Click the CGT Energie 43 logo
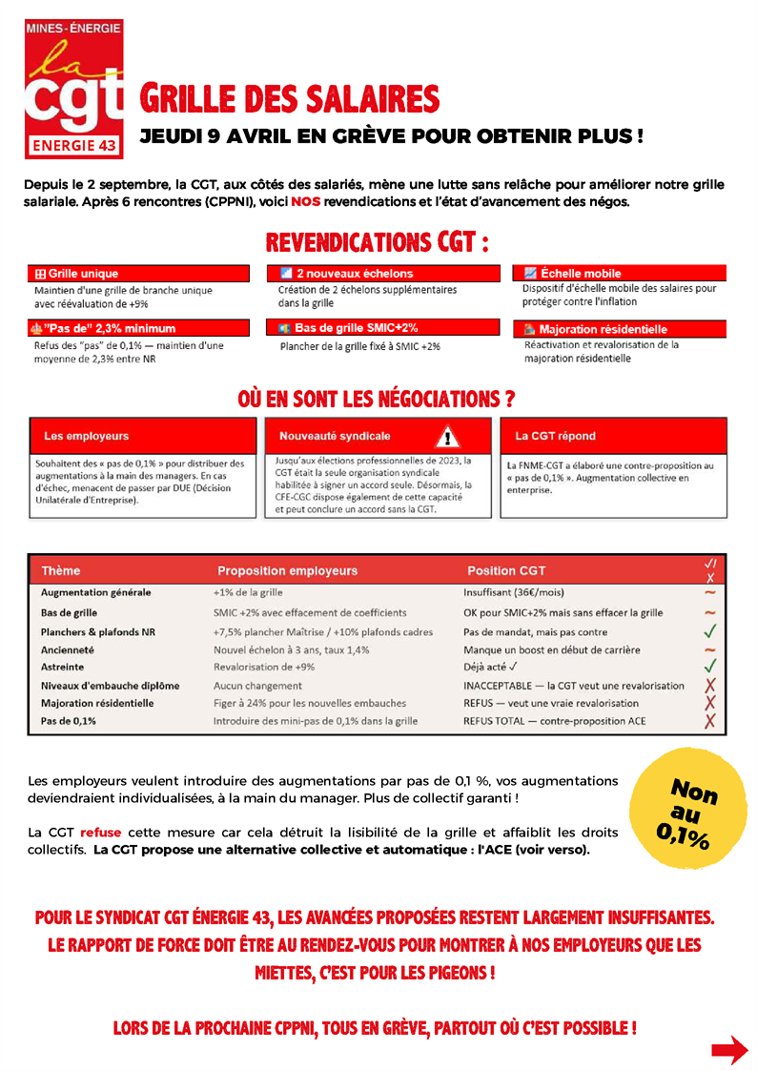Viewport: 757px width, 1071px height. click(x=73, y=89)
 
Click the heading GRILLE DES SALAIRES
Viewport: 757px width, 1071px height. click(x=290, y=99)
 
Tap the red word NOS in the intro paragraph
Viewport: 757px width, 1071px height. click(x=306, y=202)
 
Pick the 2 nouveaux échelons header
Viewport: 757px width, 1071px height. click(x=382, y=274)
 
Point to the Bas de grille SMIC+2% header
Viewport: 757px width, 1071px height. click(x=382, y=327)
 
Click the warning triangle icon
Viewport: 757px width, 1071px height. click(x=448, y=438)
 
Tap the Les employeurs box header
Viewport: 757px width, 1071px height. click(x=143, y=436)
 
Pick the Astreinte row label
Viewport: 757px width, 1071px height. click(x=63, y=668)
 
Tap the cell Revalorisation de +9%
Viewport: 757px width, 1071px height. click(x=264, y=668)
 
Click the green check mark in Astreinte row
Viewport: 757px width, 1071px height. click(x=709, y=667)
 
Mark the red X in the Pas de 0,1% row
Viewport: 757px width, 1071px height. click(x=709, y=721)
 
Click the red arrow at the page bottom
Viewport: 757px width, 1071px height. click(x=729, y=1050)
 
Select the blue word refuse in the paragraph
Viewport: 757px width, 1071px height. click(x=100, y=833)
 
